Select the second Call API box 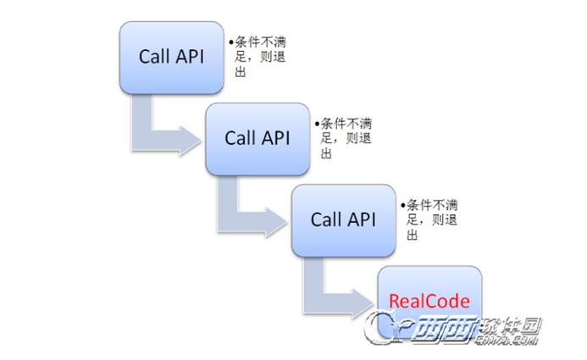257,138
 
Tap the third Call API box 343,220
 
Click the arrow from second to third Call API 249,209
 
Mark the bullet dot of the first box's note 229,41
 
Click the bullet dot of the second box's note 315,123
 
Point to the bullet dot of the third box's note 402,205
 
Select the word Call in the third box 325,220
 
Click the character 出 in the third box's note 413,235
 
